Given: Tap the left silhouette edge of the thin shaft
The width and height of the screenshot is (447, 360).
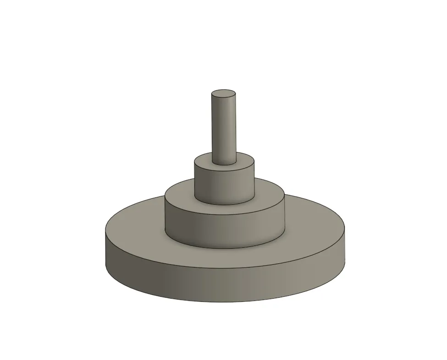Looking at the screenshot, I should point(212,128).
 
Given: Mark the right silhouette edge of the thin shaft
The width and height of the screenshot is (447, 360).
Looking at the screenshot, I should point(236,128).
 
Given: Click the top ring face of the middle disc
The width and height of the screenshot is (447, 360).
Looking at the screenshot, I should point(270,192).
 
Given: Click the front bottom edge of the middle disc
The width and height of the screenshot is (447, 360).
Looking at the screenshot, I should point(225,248).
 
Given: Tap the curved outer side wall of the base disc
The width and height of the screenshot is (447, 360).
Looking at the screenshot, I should point(225,284).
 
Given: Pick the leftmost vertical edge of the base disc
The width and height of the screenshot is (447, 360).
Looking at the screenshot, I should point(106,250).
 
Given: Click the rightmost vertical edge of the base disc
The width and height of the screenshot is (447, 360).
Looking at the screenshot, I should point(345,250).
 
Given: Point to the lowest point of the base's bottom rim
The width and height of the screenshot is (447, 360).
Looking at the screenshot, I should point(225,303).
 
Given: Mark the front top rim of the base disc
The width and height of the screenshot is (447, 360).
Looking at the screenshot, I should point(225,267).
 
